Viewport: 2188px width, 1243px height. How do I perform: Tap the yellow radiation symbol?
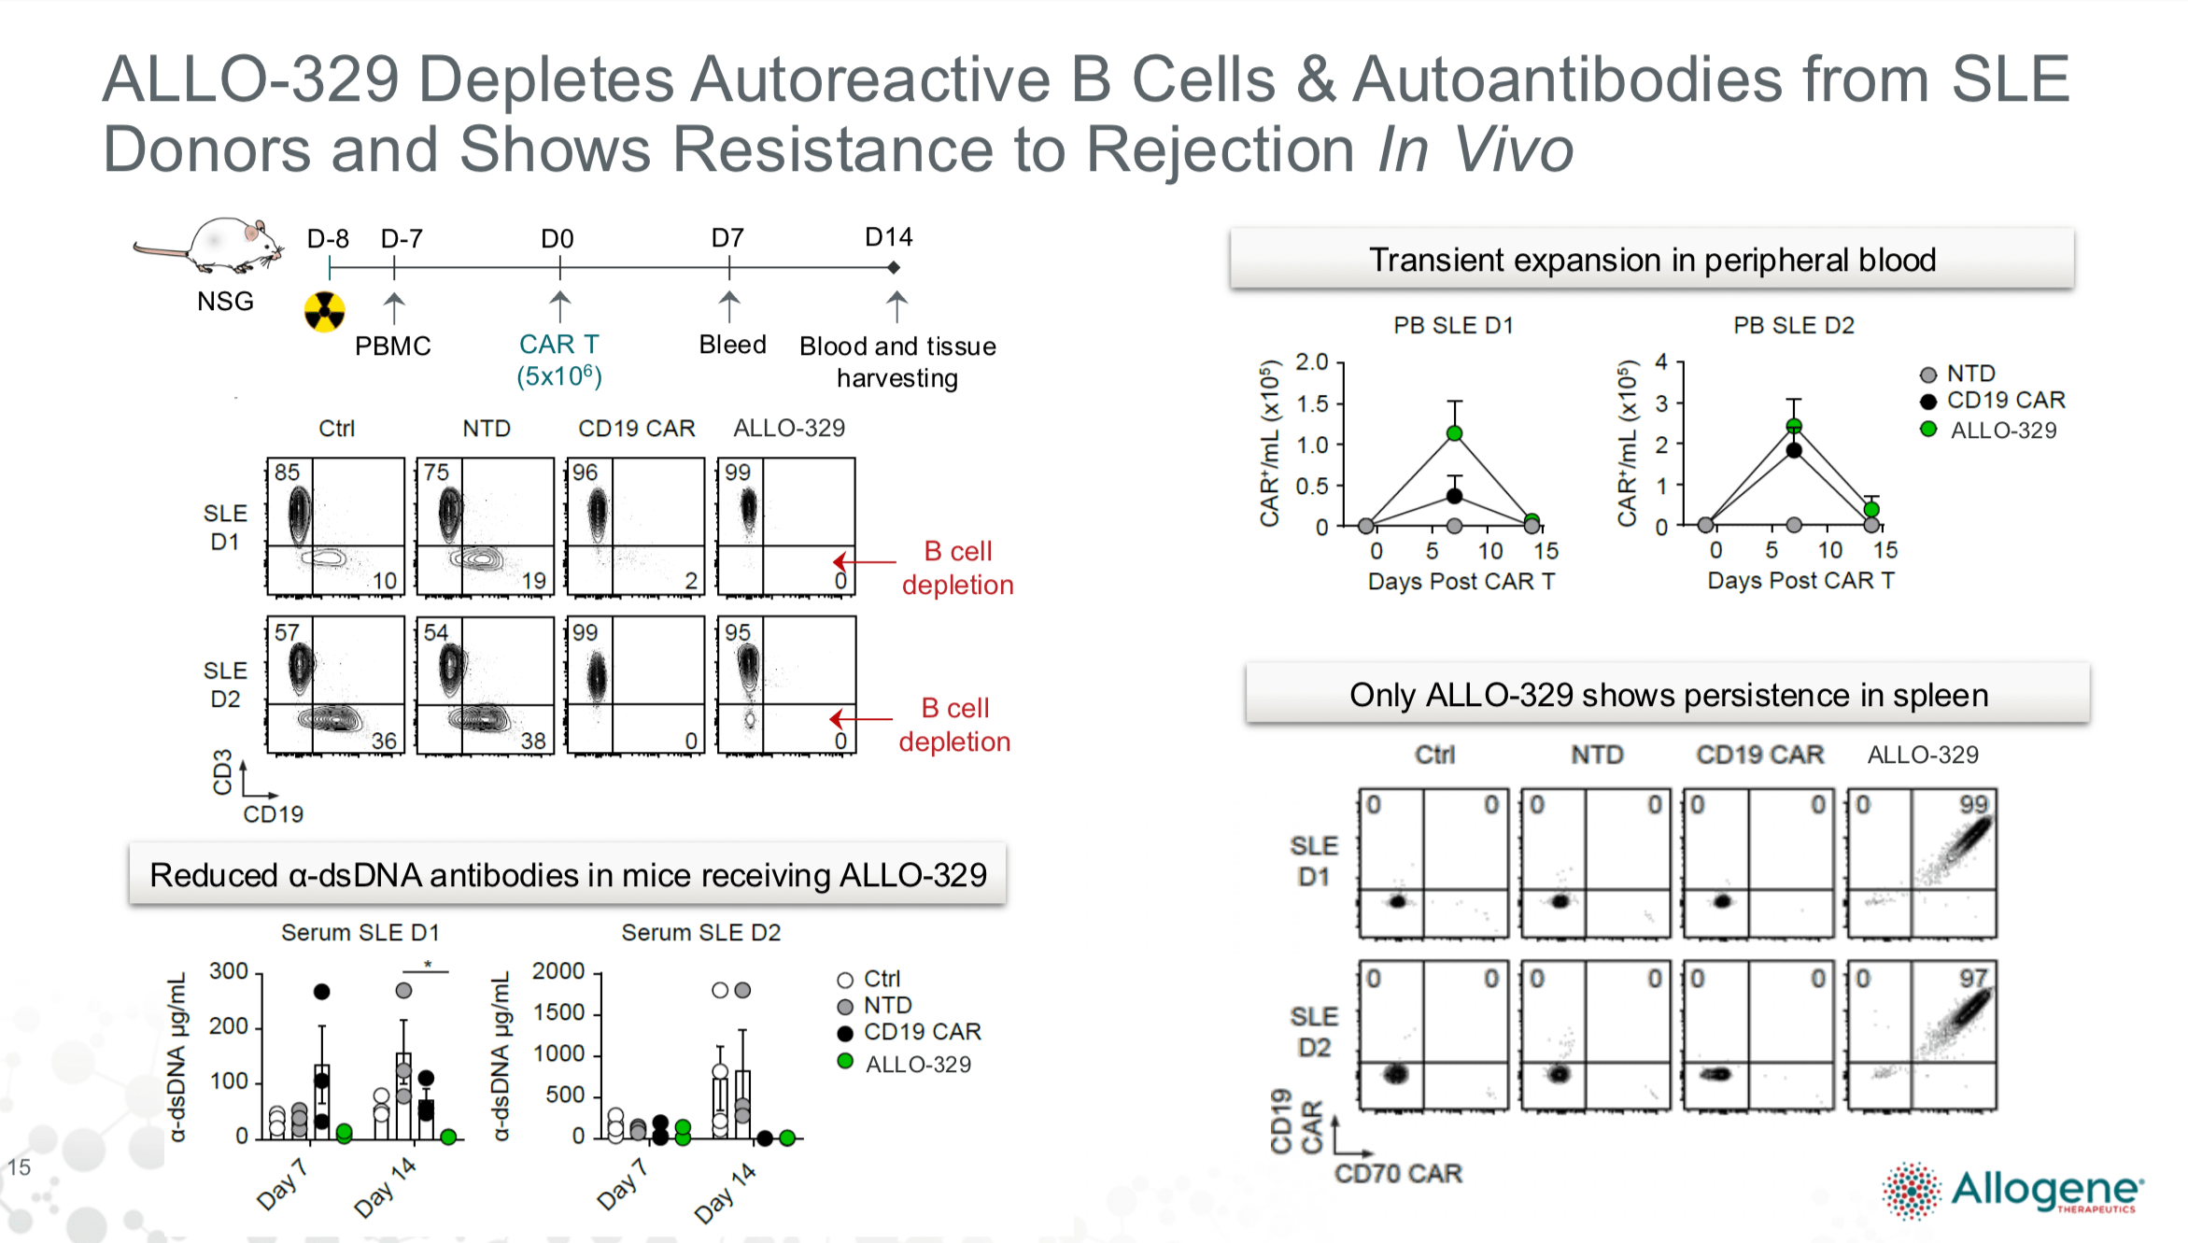click(x=324, y=311)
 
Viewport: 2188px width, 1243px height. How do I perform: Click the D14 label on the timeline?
click(x=888, y=237)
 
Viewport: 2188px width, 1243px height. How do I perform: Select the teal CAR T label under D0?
click(x=558, y=345)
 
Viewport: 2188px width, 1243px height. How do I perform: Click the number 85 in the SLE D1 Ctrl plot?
click(x=287, y=473)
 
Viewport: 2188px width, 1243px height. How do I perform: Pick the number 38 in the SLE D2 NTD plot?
click(x=533, y=741)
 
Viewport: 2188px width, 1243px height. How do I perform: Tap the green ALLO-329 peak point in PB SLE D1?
click(x=1454, y=433)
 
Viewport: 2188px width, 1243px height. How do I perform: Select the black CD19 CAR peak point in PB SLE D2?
click(x=1794, y=450)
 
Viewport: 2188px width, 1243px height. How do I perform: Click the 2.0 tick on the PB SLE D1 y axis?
click(x=1311, y=362)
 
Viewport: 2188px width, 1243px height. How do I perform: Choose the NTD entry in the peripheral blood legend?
click(x=1970, y=374)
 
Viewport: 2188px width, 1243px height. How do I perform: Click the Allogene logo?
click(x=2012, y=1191)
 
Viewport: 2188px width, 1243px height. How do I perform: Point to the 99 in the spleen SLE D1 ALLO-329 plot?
click(x=1973, y=804)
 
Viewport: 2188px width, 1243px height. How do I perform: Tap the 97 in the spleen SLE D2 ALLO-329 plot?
click(x=1972, y=978)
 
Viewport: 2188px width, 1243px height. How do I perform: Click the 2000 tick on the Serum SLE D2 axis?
click(x=558, y=971)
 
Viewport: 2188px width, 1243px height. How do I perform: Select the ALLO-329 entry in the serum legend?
click(x=917, y=1064)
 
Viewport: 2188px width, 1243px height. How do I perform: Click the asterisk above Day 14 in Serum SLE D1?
click(x=428, y=964)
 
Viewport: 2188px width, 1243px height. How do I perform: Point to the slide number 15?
click(x=20, y=1166)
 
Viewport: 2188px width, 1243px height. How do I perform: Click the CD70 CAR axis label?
click(x=1397, y=1173)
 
